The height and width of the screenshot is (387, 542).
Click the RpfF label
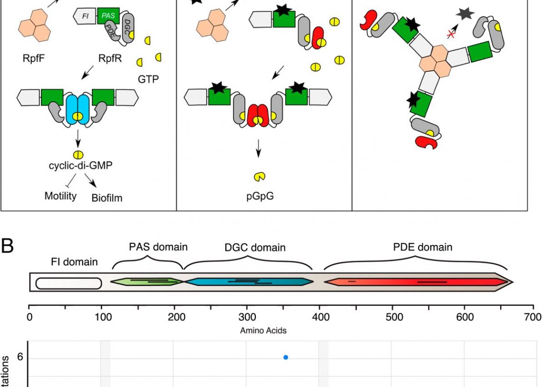tap(35, 59)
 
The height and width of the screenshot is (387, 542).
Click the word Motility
tap(60, 195)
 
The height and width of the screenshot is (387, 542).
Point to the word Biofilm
tap(106, 198)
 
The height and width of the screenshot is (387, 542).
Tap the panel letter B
tap(9, 248)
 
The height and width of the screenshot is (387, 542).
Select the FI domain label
tap(74, 262)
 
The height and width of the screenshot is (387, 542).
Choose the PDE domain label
tap(416, 247)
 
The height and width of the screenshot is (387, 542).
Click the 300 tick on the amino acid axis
tap(246, 317)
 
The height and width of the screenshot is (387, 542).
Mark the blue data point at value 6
tap(286, 357)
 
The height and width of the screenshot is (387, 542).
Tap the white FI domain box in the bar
tap(68, 283)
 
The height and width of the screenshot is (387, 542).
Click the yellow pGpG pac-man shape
tap(259, 177)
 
